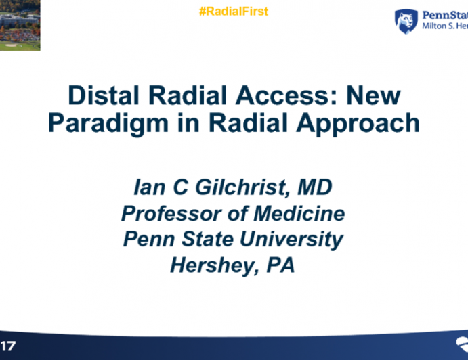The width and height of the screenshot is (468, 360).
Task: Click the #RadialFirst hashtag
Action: tap(234, 12)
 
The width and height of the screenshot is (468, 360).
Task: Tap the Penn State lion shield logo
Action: tap(406, 21)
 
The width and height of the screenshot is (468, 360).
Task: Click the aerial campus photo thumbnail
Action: tap(20, 25)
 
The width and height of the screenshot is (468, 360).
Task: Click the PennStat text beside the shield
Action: tap(444, 15)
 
